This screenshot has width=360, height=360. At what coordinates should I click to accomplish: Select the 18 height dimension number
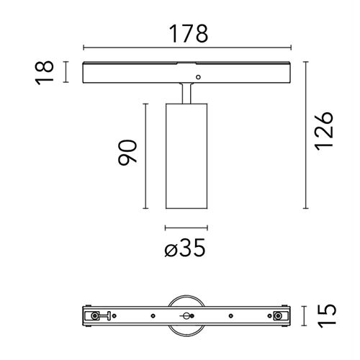[45, 72]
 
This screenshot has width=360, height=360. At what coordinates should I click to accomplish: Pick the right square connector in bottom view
[276, 316]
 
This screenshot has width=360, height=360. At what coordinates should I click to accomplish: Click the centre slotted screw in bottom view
[184, 316]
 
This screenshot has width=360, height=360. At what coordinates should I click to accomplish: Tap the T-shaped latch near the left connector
[107, 316]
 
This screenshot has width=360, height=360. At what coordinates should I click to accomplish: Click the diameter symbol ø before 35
[171, 249]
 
